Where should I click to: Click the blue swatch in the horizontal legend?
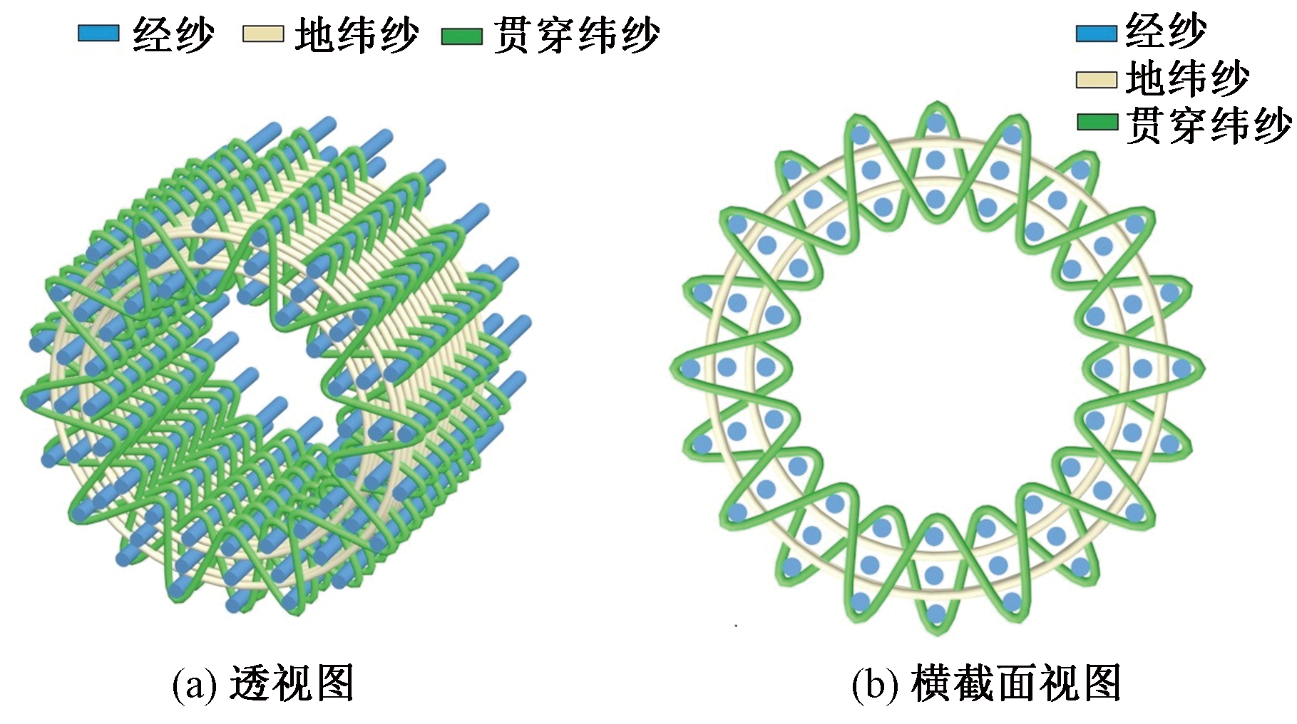coord(98,33)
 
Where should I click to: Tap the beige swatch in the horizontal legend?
coord(262,34)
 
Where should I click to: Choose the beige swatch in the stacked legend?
coord(1096,79)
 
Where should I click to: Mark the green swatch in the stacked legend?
coord(1097,123)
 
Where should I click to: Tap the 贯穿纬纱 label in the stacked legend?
coord(1209,125)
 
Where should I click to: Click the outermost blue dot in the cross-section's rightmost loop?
coord(1181,368)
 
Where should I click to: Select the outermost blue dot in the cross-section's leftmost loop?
coord(690,368)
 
